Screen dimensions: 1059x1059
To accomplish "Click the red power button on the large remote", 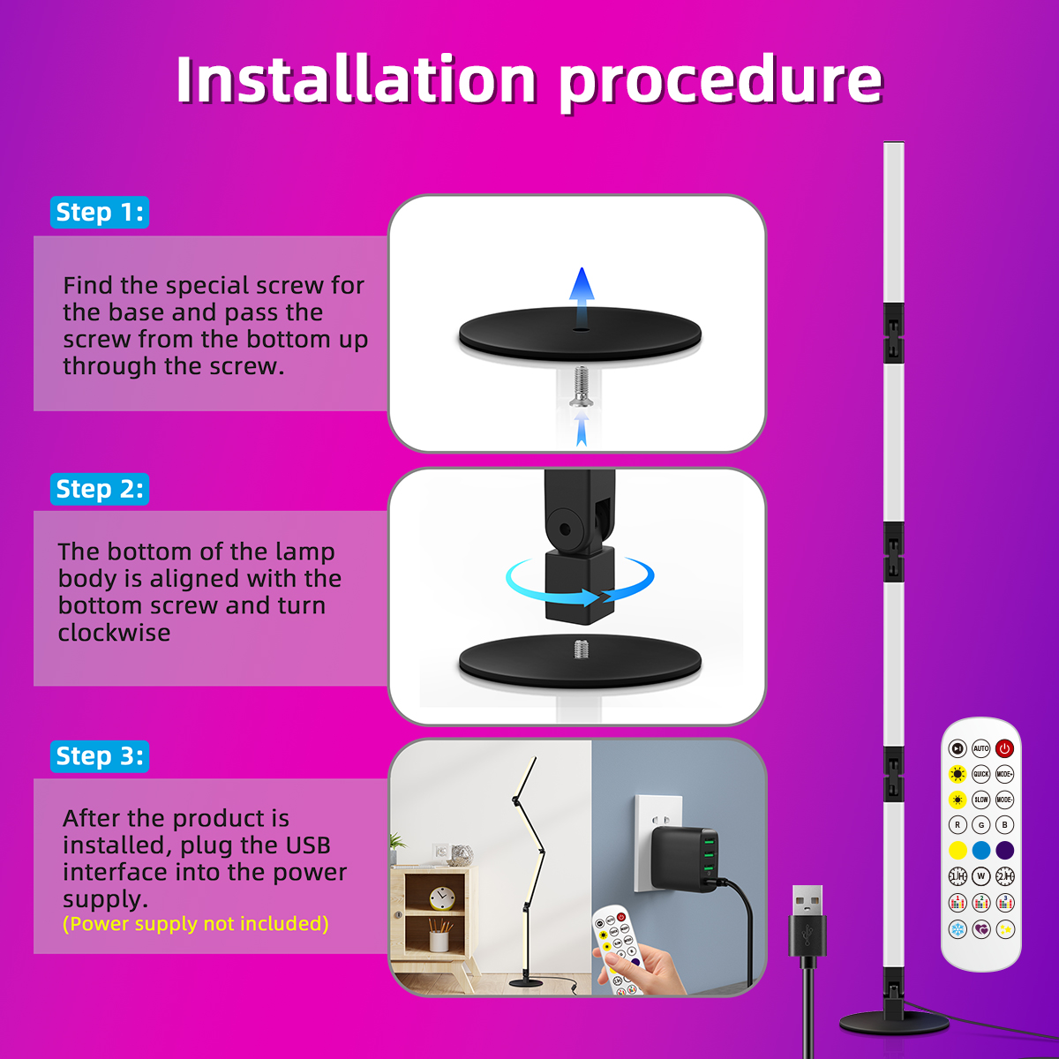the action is click(x=1004, y=748).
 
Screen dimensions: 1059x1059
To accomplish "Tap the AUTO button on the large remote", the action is click(x=980, y=748).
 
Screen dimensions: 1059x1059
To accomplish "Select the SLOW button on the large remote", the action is click(x=980, y=800).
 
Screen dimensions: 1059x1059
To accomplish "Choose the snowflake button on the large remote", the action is click(x=958, y=930).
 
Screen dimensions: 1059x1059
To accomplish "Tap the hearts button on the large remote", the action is click(x=980, y=930).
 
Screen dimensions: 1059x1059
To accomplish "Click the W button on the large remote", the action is click(x=980, y=876).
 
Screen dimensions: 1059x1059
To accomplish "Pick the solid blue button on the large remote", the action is click(x=980, y=850).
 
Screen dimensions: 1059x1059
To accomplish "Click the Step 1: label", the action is click(x=100, y=212).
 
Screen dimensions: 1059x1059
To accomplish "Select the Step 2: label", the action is click(x=100, y=489).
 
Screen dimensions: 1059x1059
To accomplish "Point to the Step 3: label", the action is click(x=100, y=756).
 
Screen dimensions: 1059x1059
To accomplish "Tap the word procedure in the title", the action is click(x=721, y=82).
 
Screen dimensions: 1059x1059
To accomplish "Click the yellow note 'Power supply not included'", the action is click(x=196, y=924).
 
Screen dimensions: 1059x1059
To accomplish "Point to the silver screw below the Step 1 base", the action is click(x=581, y=387).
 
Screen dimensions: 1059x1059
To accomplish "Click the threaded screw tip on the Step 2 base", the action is click(x=581, y=649).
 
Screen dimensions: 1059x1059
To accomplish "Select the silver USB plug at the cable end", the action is click(x=807, y=900).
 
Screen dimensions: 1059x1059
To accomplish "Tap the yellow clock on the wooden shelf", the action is click(x=442, y=899).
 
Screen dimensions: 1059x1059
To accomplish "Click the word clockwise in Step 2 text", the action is click(x=115, y=633).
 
